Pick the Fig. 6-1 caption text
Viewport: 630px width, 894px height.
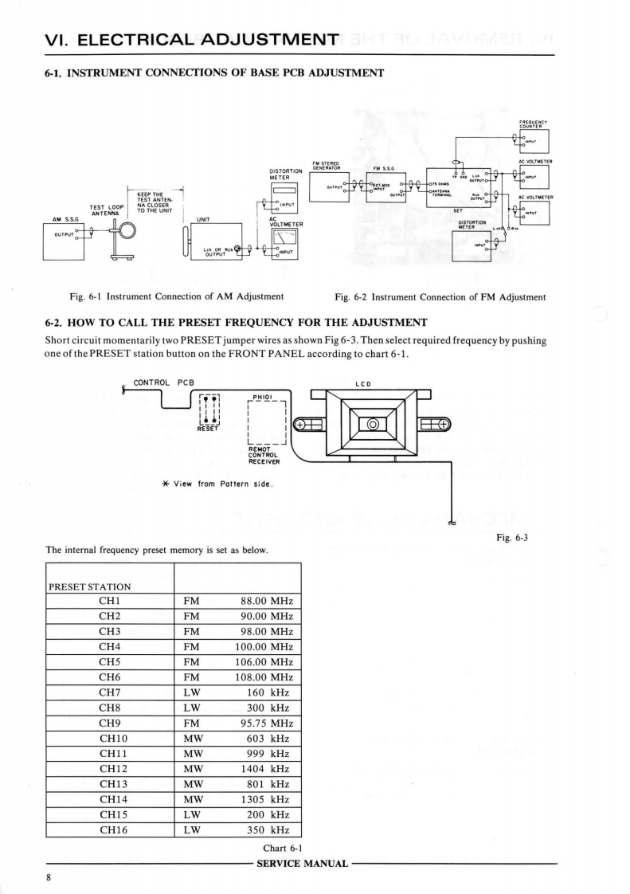[x=177, y=297]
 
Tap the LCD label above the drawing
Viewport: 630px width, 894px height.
[x=361, y=383]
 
